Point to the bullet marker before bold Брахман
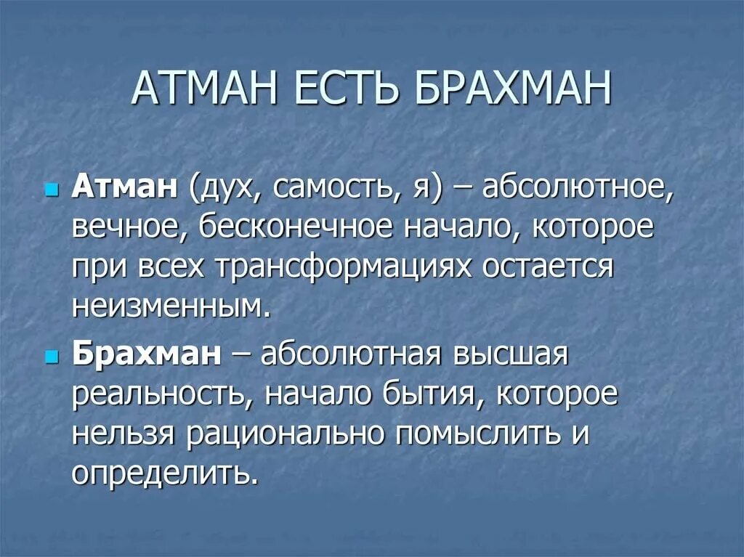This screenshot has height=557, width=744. (51, 357)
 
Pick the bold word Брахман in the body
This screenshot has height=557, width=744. (146, 354)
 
